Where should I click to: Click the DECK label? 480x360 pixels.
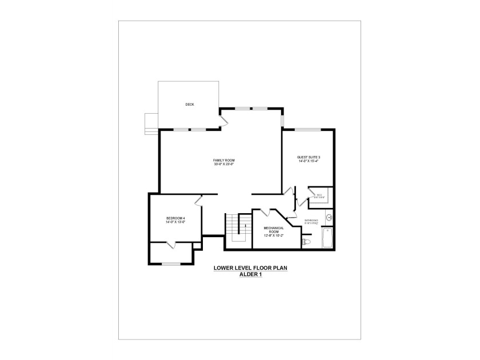pos(190,105)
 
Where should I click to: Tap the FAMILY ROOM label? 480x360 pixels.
pos(224,160)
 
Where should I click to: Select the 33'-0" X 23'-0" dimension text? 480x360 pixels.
pos(224,165)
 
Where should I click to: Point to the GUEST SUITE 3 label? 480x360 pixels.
pos(309,157)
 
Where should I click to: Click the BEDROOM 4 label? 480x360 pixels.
pos(175,218)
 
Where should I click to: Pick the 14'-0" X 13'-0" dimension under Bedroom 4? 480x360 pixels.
pos(175,223)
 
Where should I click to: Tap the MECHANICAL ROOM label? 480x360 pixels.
pos(274,229)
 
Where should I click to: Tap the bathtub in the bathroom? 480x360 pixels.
pos(327,237)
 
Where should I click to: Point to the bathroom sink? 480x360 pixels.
pos(329,217)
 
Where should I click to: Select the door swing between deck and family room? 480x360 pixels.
pos(223,119)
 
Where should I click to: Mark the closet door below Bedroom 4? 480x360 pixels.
pos(170,245)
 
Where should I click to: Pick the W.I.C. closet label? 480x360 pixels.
pos(319,195)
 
